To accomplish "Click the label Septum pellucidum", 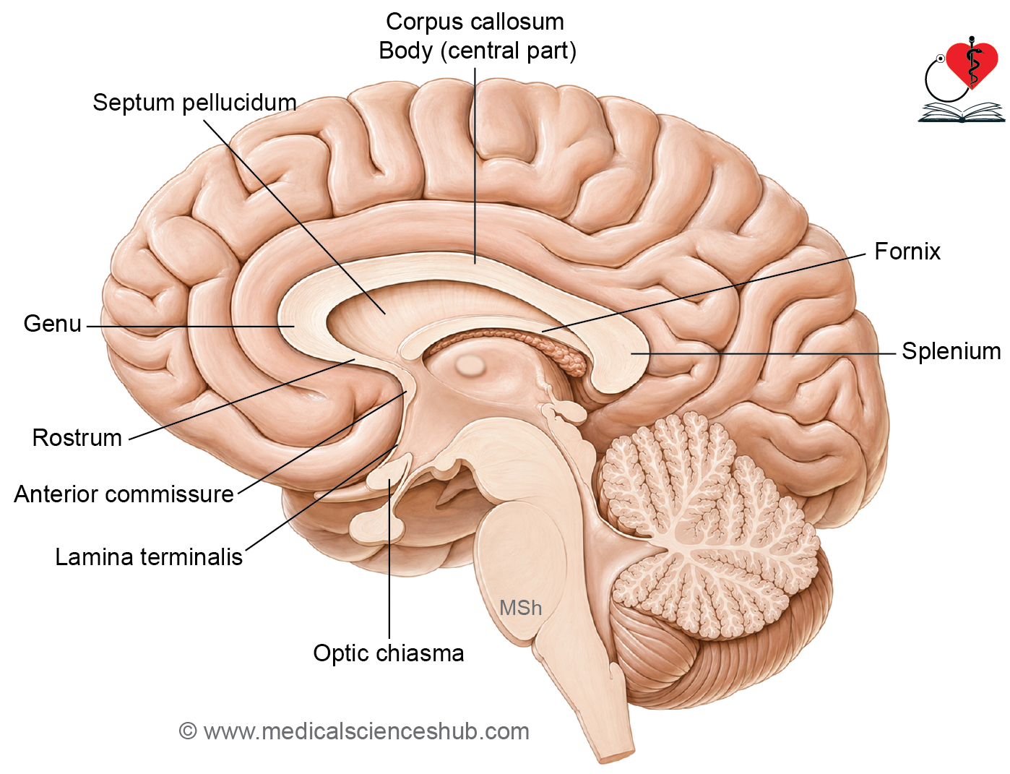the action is [x=195, y=103].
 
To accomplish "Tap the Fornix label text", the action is [x=907, y=251].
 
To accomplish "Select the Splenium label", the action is [x=951, y=351].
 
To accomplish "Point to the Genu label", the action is [x=53, y=324].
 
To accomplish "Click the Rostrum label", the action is [x=77, y=438].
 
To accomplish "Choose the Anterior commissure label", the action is [x=124, y=494].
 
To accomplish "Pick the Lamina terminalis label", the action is [x=149, y=557].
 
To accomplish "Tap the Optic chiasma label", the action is [x=389, y=653].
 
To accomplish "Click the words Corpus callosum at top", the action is [x=475, y=22].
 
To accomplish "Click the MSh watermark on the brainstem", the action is [x=521, y=608].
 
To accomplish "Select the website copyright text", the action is [x=354, y=731].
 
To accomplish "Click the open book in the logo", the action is [x=961, y=113].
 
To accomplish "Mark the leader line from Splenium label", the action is [x=763, y=354].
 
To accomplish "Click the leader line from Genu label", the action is [x=190, y=327].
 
